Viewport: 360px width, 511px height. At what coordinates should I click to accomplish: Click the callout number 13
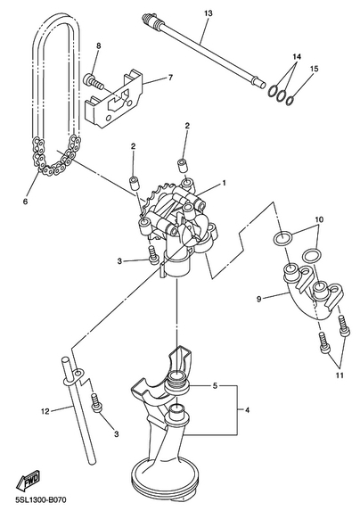[x=209, y=13]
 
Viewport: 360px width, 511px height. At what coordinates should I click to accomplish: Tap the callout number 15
[x=314, y=69]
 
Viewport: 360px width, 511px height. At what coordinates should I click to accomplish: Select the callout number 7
[x=170, y=78]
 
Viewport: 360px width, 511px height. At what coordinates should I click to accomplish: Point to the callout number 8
[x=98, y=45]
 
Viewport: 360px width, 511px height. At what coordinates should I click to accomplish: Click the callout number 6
[x=25, y=202]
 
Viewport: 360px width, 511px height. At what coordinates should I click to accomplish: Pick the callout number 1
[x=224, y=183]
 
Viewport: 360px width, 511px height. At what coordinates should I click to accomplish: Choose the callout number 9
[x=259, y=299]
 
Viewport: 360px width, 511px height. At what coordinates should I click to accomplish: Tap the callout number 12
[x=45, y=411]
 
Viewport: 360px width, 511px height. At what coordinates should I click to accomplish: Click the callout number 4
[x=247, y=410]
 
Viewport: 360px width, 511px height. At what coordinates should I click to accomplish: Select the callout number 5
[x=215, y=386]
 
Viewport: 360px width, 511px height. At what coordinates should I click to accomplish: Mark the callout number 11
[x=340, y=375]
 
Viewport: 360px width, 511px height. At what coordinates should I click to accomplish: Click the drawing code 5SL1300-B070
[x=38, y=499]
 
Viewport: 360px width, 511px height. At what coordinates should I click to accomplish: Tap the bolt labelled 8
[x=94, y=82]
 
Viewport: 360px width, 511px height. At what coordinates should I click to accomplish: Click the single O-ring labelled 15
[x=290, y=101]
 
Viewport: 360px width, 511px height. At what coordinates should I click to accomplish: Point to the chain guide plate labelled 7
[x=114, y=99]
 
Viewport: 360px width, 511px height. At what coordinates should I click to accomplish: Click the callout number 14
[x=297, y=57]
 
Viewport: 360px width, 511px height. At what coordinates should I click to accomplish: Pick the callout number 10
[x=319, y=219]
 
